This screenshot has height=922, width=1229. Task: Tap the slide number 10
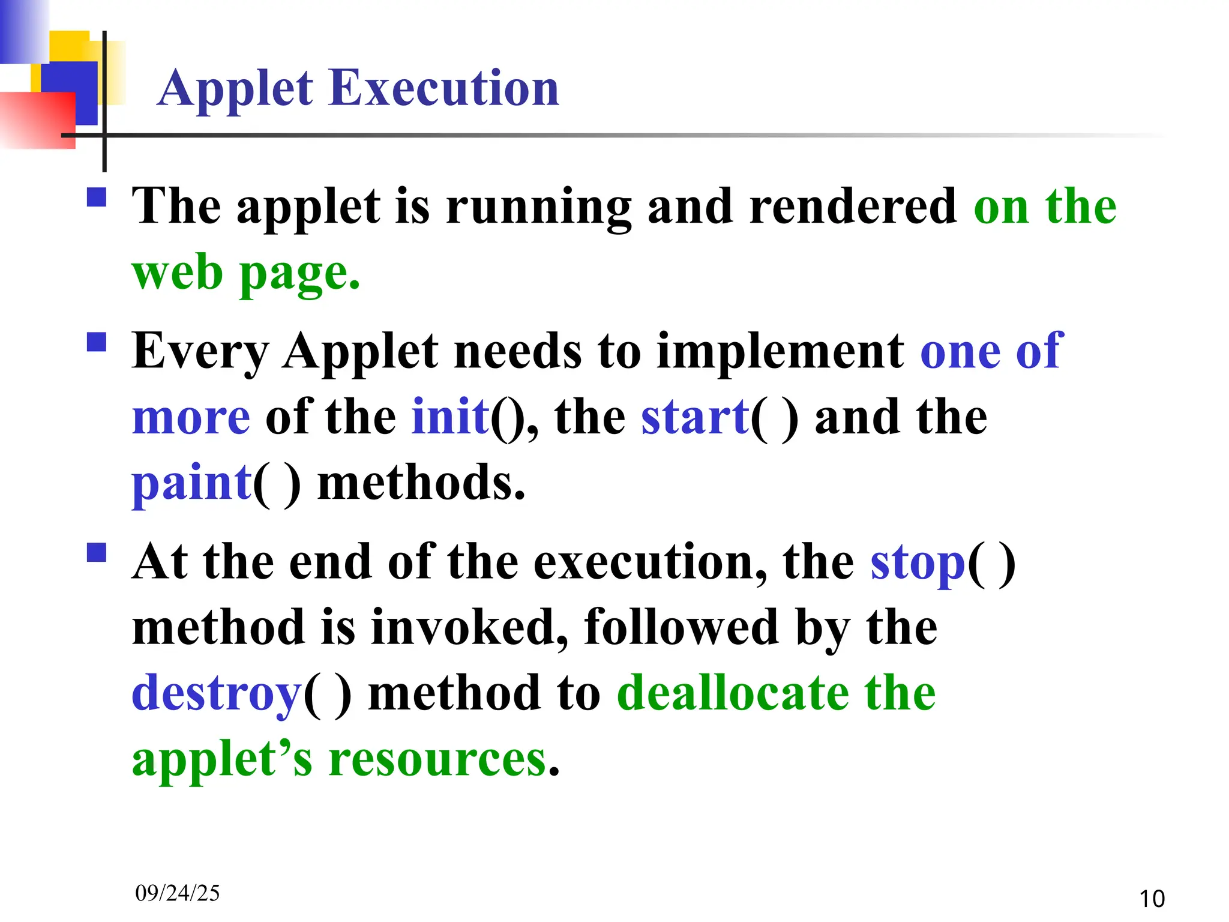coord(1151,899)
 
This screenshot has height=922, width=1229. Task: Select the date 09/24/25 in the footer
coord(177,893)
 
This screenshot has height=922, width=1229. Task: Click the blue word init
coord(450,417)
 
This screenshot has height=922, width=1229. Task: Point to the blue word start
coord(695,417)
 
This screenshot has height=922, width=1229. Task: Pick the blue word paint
coord(191,483)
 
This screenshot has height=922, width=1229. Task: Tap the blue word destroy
coord(216,693)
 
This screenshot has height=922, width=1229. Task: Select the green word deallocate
coord(732,693)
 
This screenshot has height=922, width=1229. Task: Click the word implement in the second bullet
coord(780,351)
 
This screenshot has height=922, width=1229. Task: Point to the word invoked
coord(469,627)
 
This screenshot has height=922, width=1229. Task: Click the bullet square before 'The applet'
coord(97,197)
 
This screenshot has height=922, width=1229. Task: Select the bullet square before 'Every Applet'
coord(97,342)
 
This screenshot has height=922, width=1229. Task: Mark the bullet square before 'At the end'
coord(97,552)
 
